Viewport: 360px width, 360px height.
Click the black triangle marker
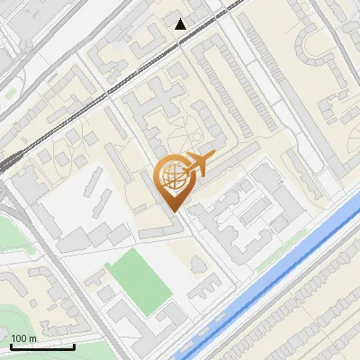point(181,24)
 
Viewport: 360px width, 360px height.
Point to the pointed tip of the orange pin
point(174,211)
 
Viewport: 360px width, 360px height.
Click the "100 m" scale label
point(24,337)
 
